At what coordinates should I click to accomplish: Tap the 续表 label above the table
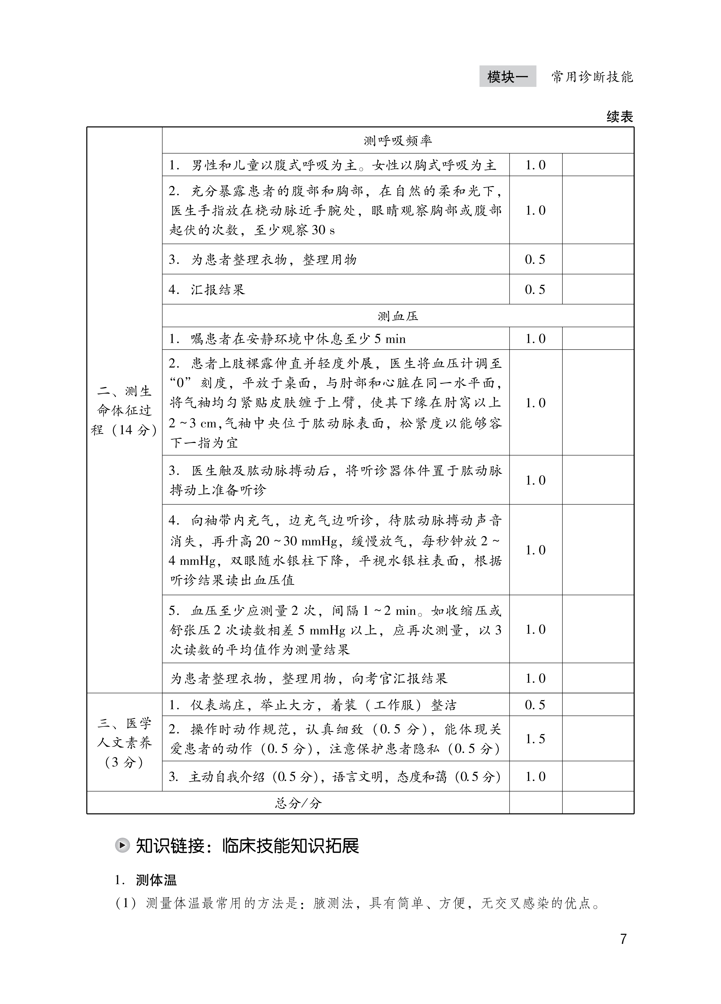click(620, 117)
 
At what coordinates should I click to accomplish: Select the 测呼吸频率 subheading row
click(397, 141)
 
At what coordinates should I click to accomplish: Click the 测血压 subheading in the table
click(397, 316)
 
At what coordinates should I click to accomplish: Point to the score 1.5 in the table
click(535, 739)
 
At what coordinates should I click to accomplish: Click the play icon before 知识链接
click(122, 845)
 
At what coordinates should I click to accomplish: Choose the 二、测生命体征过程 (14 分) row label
click(124, 410)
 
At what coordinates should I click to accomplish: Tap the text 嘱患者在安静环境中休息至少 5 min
click(298, 339)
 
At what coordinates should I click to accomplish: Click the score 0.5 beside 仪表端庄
click(535, 705)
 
